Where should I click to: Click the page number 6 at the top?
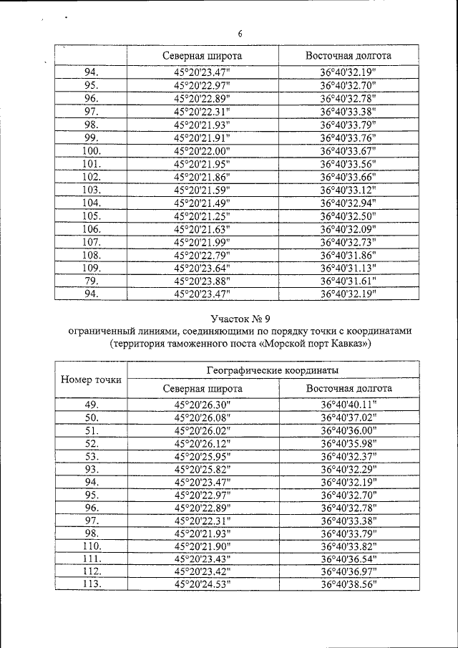(x=240, y=34)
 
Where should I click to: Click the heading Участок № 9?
(x=240, y=318)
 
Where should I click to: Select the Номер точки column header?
(x=91, y=379)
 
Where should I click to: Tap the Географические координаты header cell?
(x=273, y=370)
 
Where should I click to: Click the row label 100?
(x=92, y=151)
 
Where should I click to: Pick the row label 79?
(x=92, y=280)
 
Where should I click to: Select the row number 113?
(x=92, y=584)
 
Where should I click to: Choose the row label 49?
(x=92, y=405)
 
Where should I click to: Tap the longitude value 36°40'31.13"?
(x=349, y=267)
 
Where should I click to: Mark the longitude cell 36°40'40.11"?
(x=349, y=405)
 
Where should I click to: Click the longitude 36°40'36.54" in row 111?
(x=349, y=558)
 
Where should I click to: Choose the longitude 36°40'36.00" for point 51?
(x=349, y=430)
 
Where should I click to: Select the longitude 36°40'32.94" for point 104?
(x=349, y=203)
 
